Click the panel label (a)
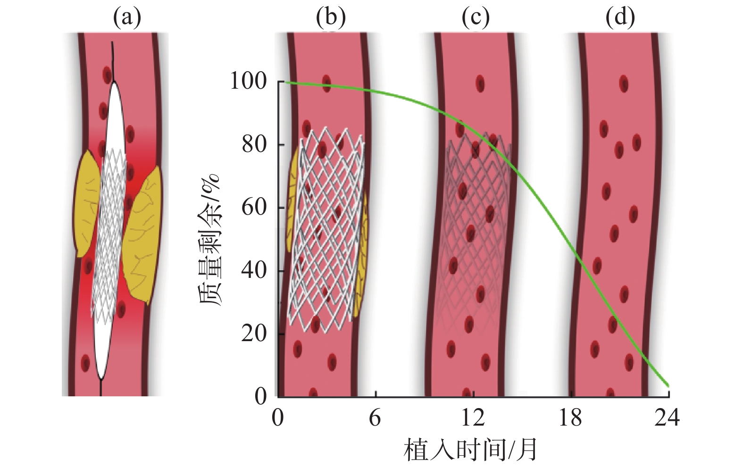point(127,18)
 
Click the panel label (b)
point(331,18)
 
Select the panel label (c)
point(476,18)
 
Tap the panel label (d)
point(620,18)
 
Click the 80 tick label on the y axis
point(254,144)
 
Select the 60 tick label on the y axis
point(254,208)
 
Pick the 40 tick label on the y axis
point(254,270)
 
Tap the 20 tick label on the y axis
point(254,334)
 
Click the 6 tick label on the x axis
point(375,418)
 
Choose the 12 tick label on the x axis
point(473,418)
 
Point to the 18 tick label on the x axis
point(570,418)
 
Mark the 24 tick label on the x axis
point(667,418)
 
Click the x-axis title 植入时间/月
point(470,450)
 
